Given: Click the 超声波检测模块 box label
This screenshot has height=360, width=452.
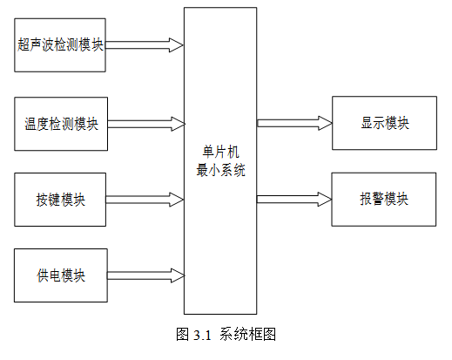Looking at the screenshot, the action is coord(60,44).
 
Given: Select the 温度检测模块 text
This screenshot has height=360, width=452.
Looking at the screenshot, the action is coord(61,124).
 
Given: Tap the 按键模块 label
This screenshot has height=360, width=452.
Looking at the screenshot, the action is coord(60,200).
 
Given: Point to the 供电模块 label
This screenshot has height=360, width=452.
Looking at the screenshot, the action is coord(61,275).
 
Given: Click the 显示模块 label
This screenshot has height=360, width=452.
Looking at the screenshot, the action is coord(385,123).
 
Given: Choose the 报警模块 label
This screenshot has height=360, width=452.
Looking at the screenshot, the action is coord(384,199).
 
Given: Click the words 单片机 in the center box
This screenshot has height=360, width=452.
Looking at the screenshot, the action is coord(220,152).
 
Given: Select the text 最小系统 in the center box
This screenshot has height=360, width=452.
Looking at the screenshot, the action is coord(220,170).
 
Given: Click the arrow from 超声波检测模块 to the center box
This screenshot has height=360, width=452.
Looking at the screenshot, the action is coord(145,45).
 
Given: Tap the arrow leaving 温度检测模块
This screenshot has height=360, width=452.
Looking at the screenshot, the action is coord(146,124).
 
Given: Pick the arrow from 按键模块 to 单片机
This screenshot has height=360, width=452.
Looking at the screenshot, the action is coord(145,200).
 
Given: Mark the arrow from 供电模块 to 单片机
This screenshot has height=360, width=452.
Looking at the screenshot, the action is coord(146,275).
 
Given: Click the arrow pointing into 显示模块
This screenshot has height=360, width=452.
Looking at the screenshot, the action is coord(294,123).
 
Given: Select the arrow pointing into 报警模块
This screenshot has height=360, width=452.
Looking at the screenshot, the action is coord(294,200).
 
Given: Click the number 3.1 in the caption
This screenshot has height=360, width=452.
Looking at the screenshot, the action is coord(202,335).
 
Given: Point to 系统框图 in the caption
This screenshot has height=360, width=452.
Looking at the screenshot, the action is coord(247,334).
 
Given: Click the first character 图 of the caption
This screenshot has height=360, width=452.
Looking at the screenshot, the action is coord(183,334).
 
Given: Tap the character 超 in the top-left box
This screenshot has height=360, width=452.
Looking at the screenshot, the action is coord(24,44).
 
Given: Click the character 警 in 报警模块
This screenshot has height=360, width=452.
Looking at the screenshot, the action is coord(378,199).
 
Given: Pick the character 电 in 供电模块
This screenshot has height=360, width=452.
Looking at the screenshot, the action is coord(55,275).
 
